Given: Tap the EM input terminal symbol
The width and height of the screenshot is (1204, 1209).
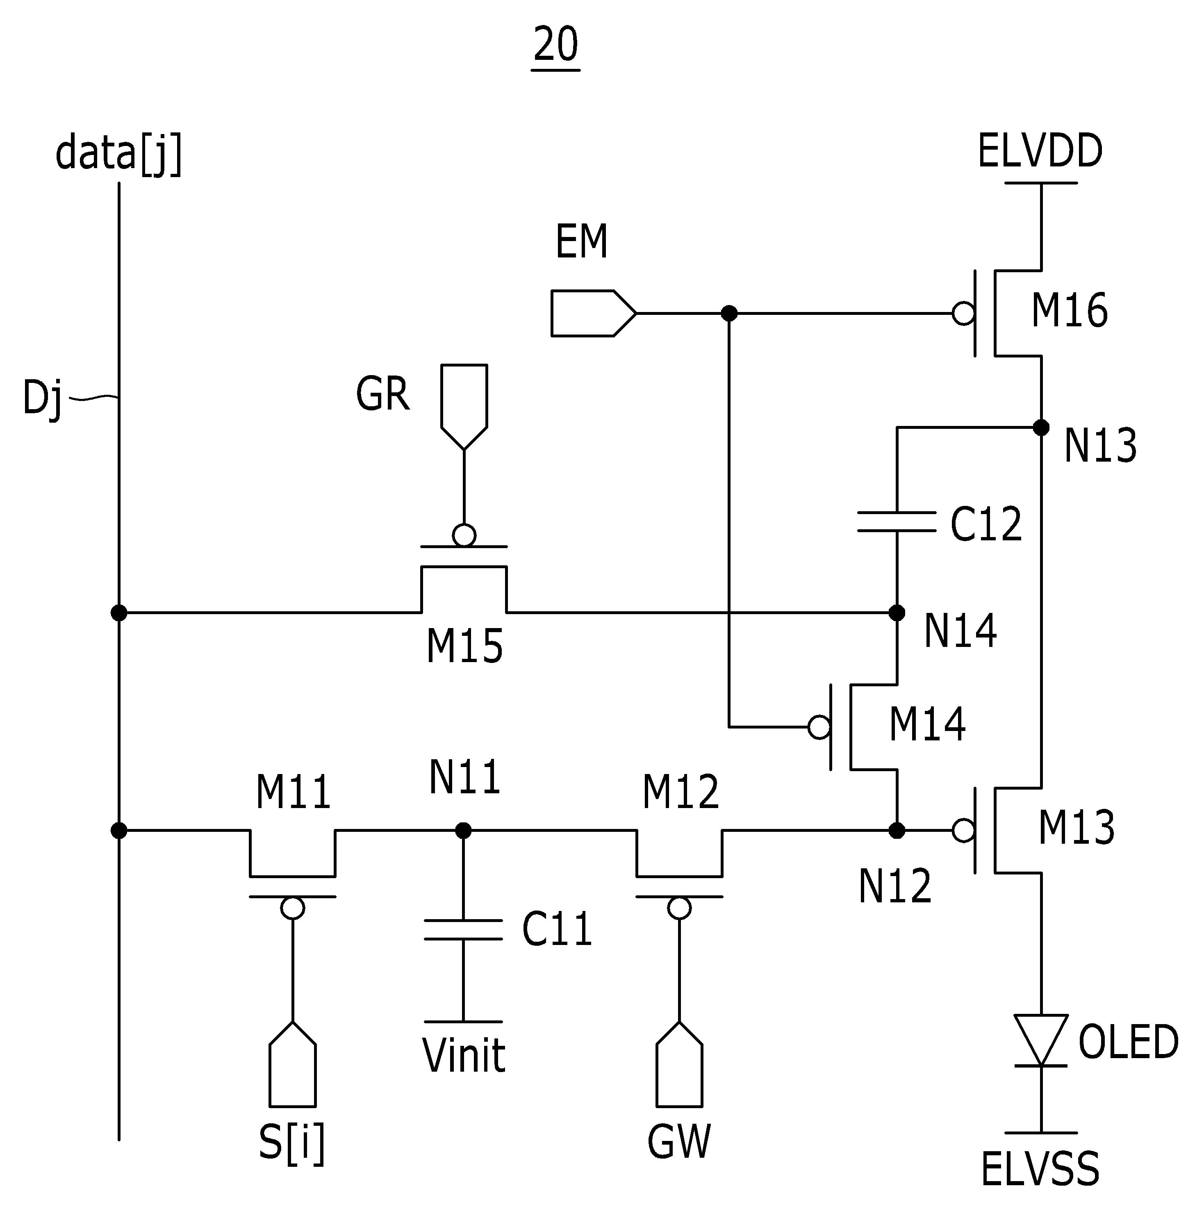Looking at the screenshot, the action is click(593, 314).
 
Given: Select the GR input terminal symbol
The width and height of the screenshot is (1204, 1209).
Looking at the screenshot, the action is click(464, 407).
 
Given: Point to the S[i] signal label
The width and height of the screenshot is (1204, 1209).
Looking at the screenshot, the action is click(292, 1144).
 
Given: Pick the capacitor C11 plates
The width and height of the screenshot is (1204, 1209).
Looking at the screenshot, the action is click(463, 930).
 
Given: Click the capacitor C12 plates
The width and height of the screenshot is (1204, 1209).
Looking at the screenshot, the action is click(897, 522).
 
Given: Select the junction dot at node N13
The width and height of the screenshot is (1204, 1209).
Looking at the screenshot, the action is click(1041, 428).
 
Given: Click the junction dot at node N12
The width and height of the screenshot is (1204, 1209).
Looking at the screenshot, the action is click(897, 831).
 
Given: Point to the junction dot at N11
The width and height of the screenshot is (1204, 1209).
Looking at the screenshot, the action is click(463, 831).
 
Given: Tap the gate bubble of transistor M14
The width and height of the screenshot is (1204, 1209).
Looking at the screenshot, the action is click(819, 727).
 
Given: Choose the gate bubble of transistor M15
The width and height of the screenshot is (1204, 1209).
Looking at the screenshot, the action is click(464, 535).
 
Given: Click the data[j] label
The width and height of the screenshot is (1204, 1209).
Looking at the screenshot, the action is click(119, 153).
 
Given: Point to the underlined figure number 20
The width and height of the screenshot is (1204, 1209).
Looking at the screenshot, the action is click(556, 45).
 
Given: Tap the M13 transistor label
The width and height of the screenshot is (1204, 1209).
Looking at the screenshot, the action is click(1077, 827).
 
